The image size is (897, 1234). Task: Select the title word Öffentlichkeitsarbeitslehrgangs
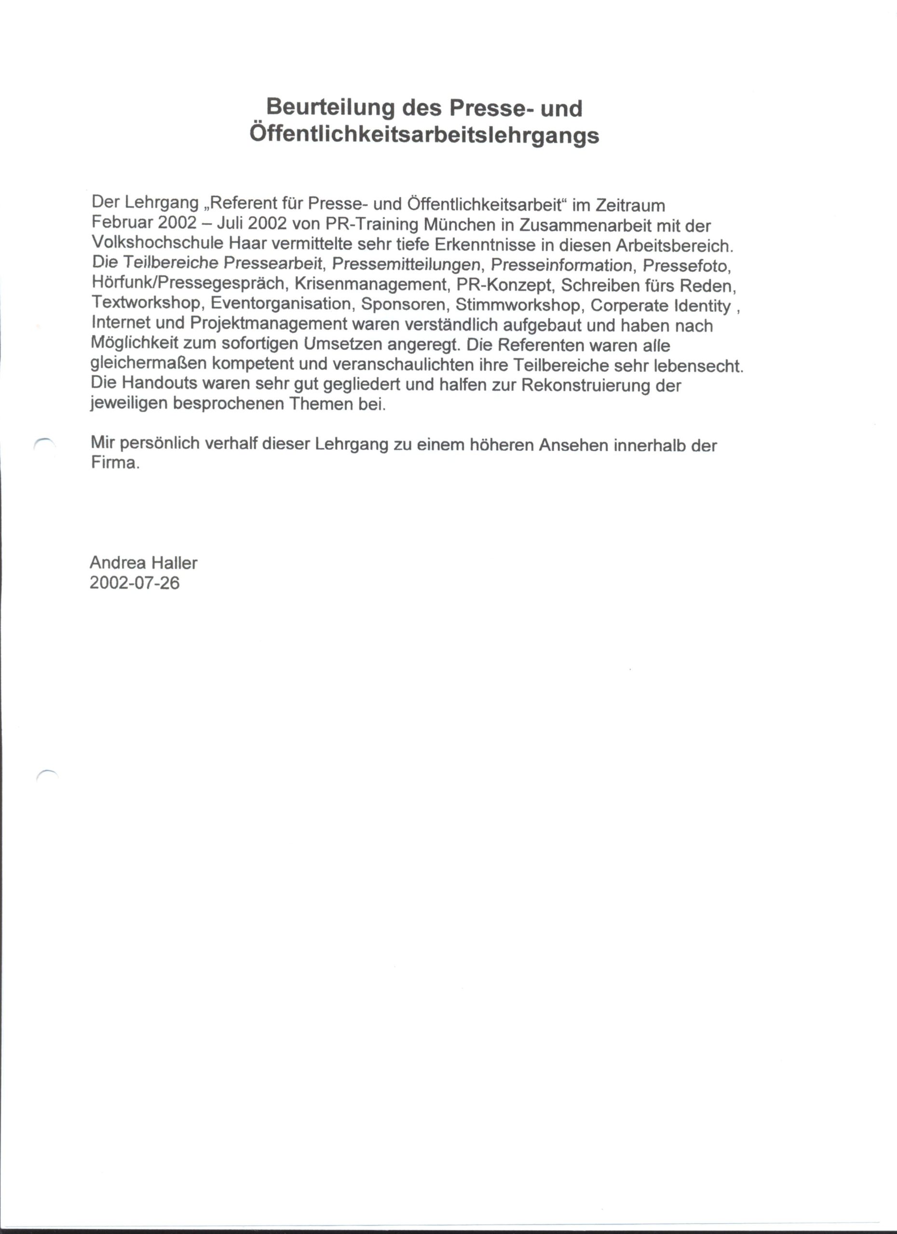point(424,134)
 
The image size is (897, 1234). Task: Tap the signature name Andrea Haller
point(143,563)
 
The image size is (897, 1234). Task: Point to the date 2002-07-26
point(135,583)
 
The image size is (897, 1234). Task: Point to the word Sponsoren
point(403,304)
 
